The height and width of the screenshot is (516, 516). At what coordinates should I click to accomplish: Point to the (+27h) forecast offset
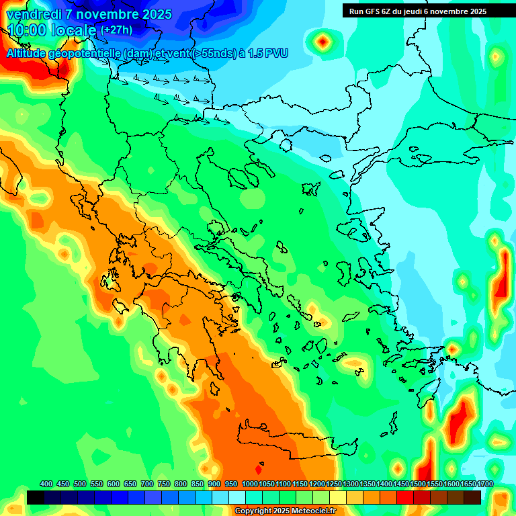pyautogui.click(x=116, y=30)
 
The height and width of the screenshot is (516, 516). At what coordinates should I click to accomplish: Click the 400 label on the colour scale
pyautogui.click(x=46, y=484)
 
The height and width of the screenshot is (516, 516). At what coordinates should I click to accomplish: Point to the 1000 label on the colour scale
pyautogui.click(x=249, y=484)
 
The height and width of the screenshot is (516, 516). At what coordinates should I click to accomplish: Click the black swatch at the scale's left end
pyautogui.click(x=36, y=497)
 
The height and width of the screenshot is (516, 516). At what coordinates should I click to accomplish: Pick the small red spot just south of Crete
pyautogui.click(x=259, y=470)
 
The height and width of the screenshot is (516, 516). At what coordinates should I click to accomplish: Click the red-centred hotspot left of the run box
pyautogui.click(x=323, y=42)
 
